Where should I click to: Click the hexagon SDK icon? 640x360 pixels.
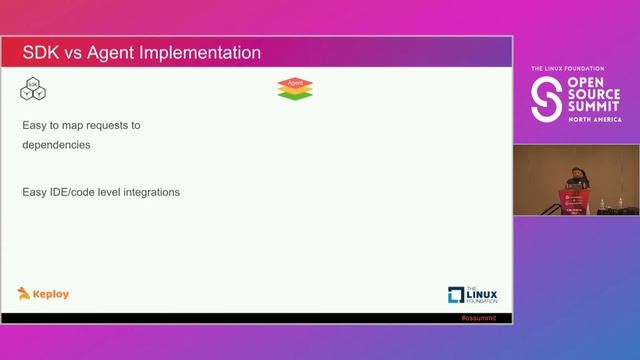pyautogui.click(x=34, y=89)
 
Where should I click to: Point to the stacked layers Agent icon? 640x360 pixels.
pyautogui.click(x=295, y=89)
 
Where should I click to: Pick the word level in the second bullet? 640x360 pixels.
pyautogui.click(x=115, y=191)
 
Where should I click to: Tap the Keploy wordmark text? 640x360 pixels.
pyautogui.click(x=52, y=294)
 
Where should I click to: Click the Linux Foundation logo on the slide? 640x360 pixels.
pyautogui.click(x=472, y=294)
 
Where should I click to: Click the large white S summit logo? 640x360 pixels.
pyautogui.click(x=545, y=98)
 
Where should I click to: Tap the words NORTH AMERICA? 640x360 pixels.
pyautogui.click(x=594, y=118)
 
